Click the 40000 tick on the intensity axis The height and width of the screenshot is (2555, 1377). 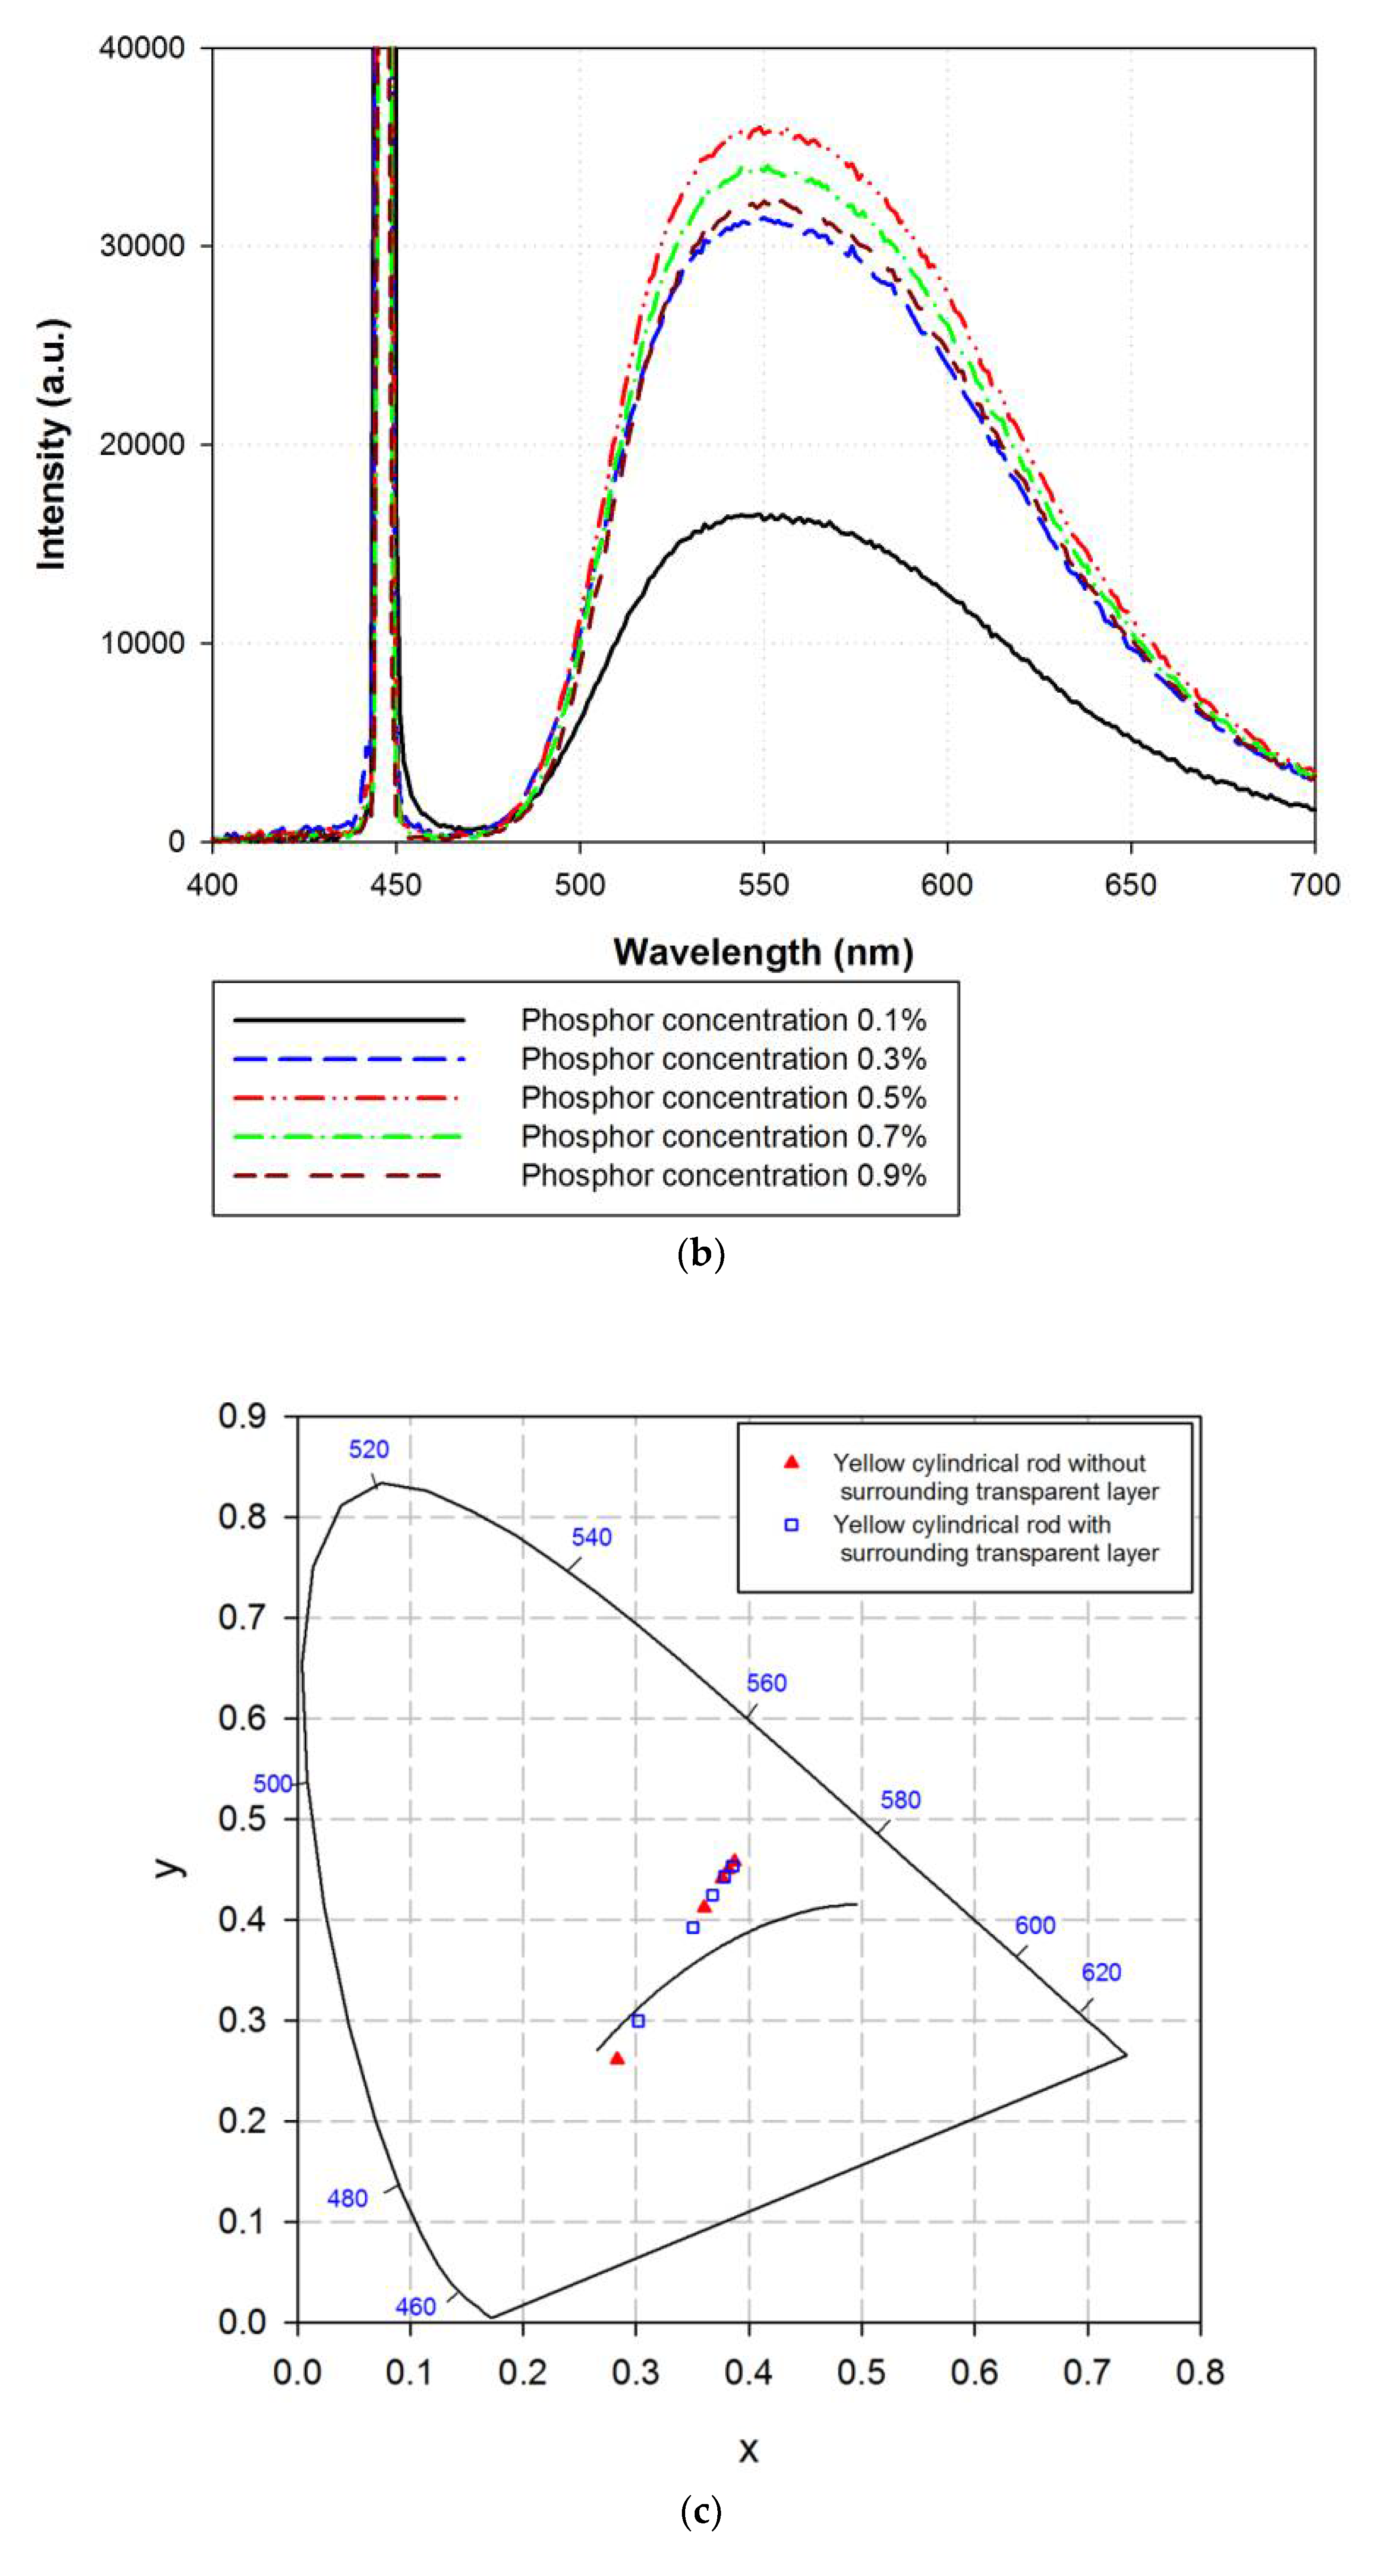tap(142, 48)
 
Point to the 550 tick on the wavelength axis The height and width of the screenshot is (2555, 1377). tap(763, 884)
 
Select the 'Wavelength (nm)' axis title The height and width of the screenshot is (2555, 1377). tap(763, 952)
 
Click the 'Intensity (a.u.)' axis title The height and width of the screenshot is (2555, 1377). tap(51, 444)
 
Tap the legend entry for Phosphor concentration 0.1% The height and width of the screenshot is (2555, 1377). tap(723, 1020)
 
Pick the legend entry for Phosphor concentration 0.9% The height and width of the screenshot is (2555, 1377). tap(723, 1175)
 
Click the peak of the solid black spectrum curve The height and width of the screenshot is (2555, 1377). tap(756, 515)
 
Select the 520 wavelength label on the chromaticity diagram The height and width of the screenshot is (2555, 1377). tap(368, 1449)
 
